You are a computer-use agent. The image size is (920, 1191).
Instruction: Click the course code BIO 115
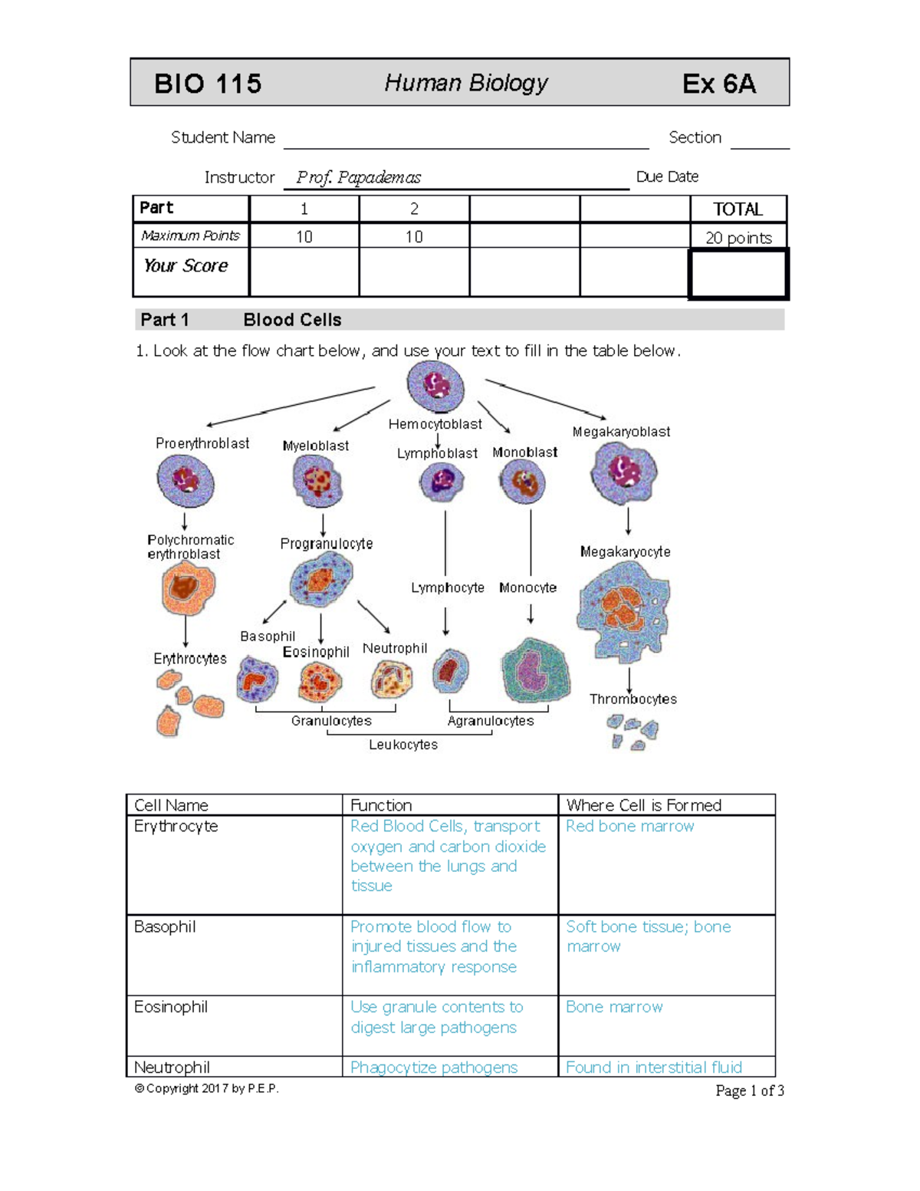click(x=208, y=84)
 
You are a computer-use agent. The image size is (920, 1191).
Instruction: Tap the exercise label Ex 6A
click(x=718, y=84)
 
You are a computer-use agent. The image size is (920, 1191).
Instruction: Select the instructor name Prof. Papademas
click(x=358, y=178)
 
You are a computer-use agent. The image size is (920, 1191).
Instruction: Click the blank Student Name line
click(x=465, y=141)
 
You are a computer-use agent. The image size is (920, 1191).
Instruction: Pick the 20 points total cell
click(x=738, y=238)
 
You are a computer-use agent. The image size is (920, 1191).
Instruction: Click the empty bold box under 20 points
click(x=738, y=274)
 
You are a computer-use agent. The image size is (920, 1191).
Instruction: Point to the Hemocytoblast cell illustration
click(x=435, y=386)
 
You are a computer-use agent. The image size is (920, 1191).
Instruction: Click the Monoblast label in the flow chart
click(x=524, y=452)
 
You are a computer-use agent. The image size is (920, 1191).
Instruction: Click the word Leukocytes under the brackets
click(x=403, y=745)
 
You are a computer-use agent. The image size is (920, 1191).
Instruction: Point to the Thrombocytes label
click(x=632, y=699)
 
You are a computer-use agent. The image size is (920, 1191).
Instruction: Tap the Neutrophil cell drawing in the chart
click(x=391, y=679)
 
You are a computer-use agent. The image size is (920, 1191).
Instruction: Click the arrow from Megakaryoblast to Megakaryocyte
click(x=628, y=521)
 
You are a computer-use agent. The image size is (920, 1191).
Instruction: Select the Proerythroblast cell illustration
click(x=186, y=481)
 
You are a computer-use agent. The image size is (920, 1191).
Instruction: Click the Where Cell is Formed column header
click(x=643, y=805)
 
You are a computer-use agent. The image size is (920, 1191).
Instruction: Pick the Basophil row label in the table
click(x=165, y=927)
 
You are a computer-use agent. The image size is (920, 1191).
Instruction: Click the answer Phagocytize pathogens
click(x=434, y=1068)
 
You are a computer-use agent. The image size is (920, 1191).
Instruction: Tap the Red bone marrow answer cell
click(x=629, y=826)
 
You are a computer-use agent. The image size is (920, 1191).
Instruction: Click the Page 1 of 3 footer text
click(x=749, y=1091)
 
